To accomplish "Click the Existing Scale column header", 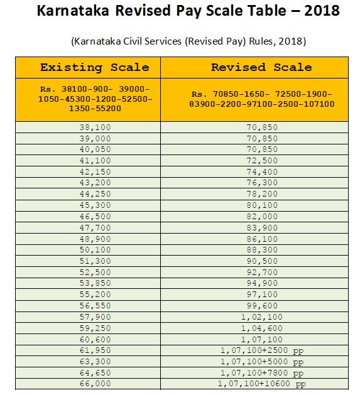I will (95, 67).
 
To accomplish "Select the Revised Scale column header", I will (261, 67).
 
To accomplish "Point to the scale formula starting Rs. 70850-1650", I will (262, 99).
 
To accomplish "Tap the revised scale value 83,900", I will (262, 227).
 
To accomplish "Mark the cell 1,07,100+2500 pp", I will (262, 350).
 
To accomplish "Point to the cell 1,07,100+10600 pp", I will (262, 384).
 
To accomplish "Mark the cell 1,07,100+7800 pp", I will (262, 372).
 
